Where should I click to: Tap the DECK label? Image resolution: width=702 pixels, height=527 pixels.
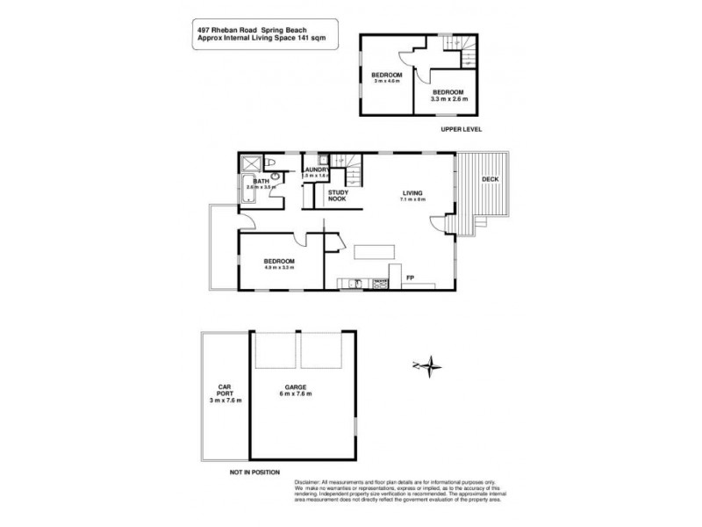coord(490,180)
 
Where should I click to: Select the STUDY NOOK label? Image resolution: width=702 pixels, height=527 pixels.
coord(337,196)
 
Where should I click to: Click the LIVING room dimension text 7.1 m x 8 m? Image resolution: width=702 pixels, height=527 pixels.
coord(412,199)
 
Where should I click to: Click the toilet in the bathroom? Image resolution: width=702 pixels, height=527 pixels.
coord(273,163)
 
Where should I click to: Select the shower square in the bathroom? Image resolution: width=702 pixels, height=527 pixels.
coord(251,162)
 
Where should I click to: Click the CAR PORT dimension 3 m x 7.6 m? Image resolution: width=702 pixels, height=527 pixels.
coord(225,401)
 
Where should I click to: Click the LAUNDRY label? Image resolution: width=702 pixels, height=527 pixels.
coord(315,170)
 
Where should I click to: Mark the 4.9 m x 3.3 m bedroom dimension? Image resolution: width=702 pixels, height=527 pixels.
coord(279,268)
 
